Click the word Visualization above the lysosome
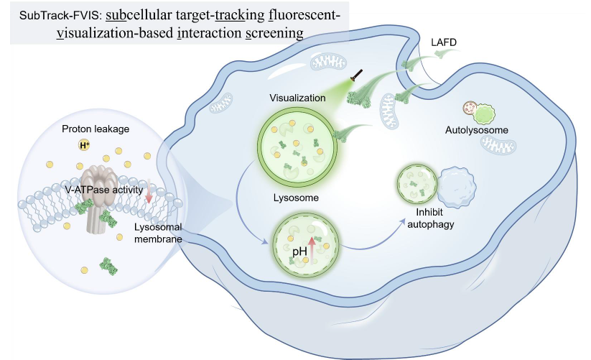298,98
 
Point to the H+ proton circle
85,146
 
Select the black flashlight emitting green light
355,75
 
